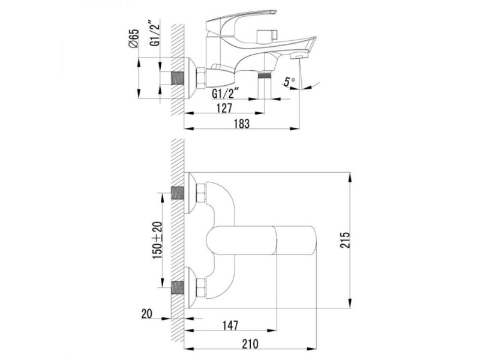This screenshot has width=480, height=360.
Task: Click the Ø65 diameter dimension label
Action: coord(134,38)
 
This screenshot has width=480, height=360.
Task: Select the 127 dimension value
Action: coord(224,108)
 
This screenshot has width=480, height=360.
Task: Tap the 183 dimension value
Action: coord(242,124)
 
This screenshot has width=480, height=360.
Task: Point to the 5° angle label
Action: coord(289,82)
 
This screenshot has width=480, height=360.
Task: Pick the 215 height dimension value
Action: coord(344,240)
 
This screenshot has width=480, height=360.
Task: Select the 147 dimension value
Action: coord(230,325)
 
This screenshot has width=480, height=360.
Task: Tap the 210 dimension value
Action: coord(250,344)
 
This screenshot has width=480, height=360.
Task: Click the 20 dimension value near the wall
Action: coord(146,314)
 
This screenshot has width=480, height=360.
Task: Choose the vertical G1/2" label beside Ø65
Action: coord(155,34)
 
